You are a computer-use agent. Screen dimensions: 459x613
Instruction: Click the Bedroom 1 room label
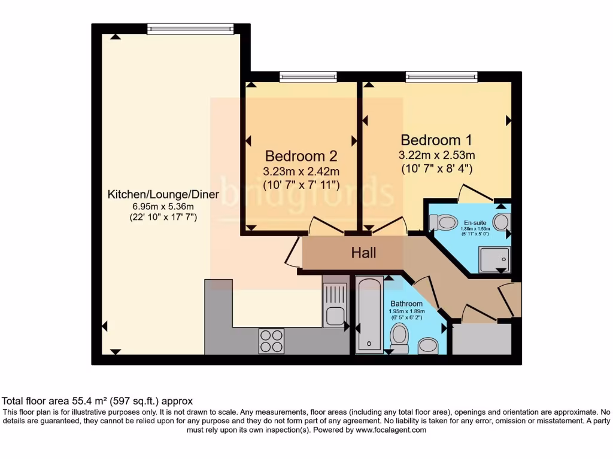click(436, 140)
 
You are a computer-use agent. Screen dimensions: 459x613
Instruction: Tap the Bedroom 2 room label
click(301, 157)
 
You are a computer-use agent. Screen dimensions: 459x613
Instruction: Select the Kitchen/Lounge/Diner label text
click(163, 195)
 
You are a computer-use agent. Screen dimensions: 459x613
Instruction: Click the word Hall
click(363, 253)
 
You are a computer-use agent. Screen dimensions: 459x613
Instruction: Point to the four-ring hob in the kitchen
click(271, 341)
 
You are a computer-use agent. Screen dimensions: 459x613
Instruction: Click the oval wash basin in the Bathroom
click(427, 345)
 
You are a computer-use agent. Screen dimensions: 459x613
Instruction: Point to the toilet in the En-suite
click(444, 223)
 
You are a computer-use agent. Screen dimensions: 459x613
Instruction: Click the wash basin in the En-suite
click(502, 223)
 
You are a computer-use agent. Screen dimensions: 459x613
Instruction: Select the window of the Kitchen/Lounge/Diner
click(190, 29)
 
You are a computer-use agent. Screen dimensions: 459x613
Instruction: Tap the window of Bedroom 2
click(308, 76)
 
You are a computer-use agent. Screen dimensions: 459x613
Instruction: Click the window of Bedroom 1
click(441, 76)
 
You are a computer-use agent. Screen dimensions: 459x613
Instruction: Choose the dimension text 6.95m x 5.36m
click(163, 207)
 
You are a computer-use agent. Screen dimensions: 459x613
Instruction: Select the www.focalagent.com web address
click(390, 430)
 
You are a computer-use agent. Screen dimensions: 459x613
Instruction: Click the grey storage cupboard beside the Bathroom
click(481, 339)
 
